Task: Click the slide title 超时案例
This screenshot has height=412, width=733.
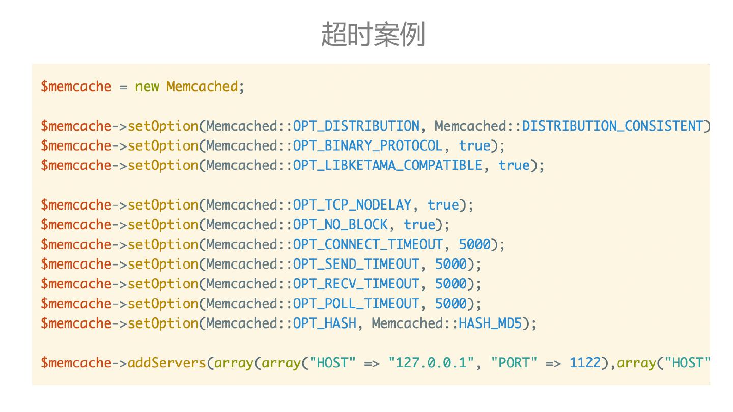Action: (373, 35)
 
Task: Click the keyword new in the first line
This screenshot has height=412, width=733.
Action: (147, 86)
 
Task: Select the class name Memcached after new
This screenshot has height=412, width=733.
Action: (202, 86)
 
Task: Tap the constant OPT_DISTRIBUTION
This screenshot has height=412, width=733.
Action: (356, 126)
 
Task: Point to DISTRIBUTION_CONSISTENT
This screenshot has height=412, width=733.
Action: (613, 126)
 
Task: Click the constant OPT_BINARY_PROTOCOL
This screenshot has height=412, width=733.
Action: (368, 146)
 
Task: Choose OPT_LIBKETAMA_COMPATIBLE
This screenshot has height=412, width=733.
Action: (387, 166)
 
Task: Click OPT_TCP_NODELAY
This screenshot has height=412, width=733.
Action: (352, 205)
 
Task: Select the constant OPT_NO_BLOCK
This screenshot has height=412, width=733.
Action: (340, 225)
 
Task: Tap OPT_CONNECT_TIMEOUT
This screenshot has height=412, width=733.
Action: (368, 245)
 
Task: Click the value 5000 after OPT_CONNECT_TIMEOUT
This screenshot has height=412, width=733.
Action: (474, 245)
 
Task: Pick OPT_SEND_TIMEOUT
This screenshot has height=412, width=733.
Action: (356, 264)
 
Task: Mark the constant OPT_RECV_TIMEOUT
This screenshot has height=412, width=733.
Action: (356, 284)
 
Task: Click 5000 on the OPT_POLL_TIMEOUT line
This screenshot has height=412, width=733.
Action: (450, 304)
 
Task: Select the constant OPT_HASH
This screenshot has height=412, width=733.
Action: (324, 323)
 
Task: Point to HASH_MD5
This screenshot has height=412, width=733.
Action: (490, 323)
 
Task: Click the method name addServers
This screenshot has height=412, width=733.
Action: (166, 363)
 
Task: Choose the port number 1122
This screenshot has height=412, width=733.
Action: (585, 363)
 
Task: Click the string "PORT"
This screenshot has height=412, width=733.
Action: (514, 363)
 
